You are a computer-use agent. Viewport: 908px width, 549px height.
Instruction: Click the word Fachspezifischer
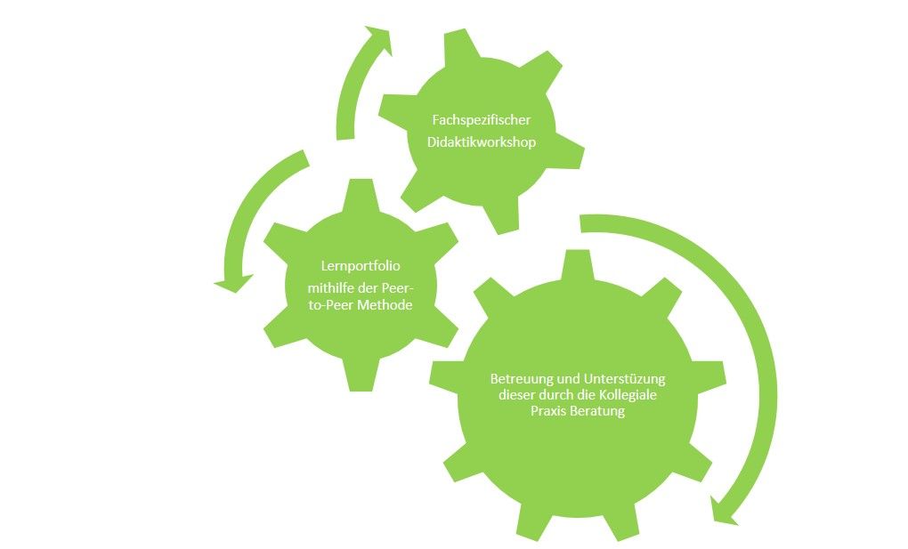pyautogui.click(x=482, y=120)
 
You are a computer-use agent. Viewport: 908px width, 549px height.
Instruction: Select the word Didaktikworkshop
pyautogui.click(x=482, y=141)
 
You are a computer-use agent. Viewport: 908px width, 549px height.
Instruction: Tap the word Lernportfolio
pyautogui.click(x=361, y=266)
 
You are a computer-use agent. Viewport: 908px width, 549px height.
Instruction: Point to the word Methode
pyautogui.click(x=385, y=305)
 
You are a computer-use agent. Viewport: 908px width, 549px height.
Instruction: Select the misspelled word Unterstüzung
pyautogui.click(x=625, y=379)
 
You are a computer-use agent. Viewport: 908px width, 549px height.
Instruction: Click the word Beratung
pyautogui.click(x=597, y=411)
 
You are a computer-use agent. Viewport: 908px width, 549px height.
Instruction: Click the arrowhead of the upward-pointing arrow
pyautogui.click(x=379, y=39)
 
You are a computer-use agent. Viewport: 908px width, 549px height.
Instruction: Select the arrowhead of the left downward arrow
pyautogui.click(x=234, y=283)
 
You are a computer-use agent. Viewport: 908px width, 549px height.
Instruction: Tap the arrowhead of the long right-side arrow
pyautogui.click(x=724, y=512)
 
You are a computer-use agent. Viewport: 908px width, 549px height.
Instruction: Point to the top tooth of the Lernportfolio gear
pyautogui.click(x=361, y=195)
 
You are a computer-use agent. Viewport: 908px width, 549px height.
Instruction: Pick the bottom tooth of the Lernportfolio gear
pyautogui.click(x=361, y=375)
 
